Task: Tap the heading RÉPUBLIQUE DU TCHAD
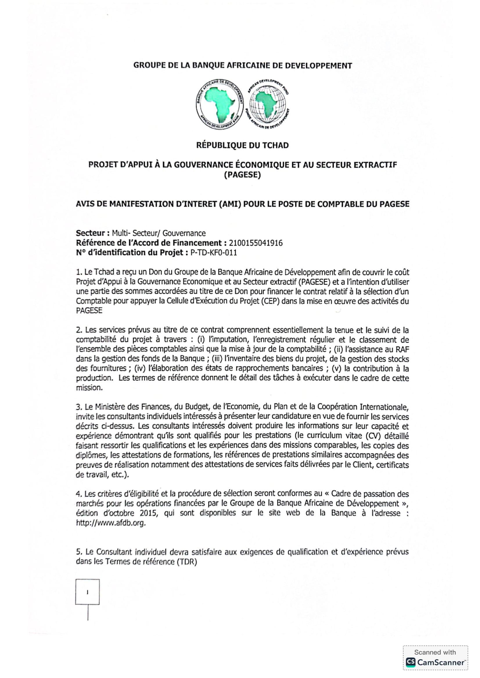[x=242, y=145]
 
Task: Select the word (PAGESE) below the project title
[x=242, y=175]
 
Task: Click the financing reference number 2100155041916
[x=256, y=243]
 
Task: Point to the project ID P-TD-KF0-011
[x=213, y=253]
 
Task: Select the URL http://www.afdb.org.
[x=111, y=523]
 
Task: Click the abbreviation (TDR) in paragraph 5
[x=187, y=561]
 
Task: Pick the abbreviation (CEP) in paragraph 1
[x=270, y=301]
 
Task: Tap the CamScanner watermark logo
[x=435, y=662]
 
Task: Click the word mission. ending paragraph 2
[x=89, y=388]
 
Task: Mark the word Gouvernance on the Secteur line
[x=184, y=233]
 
